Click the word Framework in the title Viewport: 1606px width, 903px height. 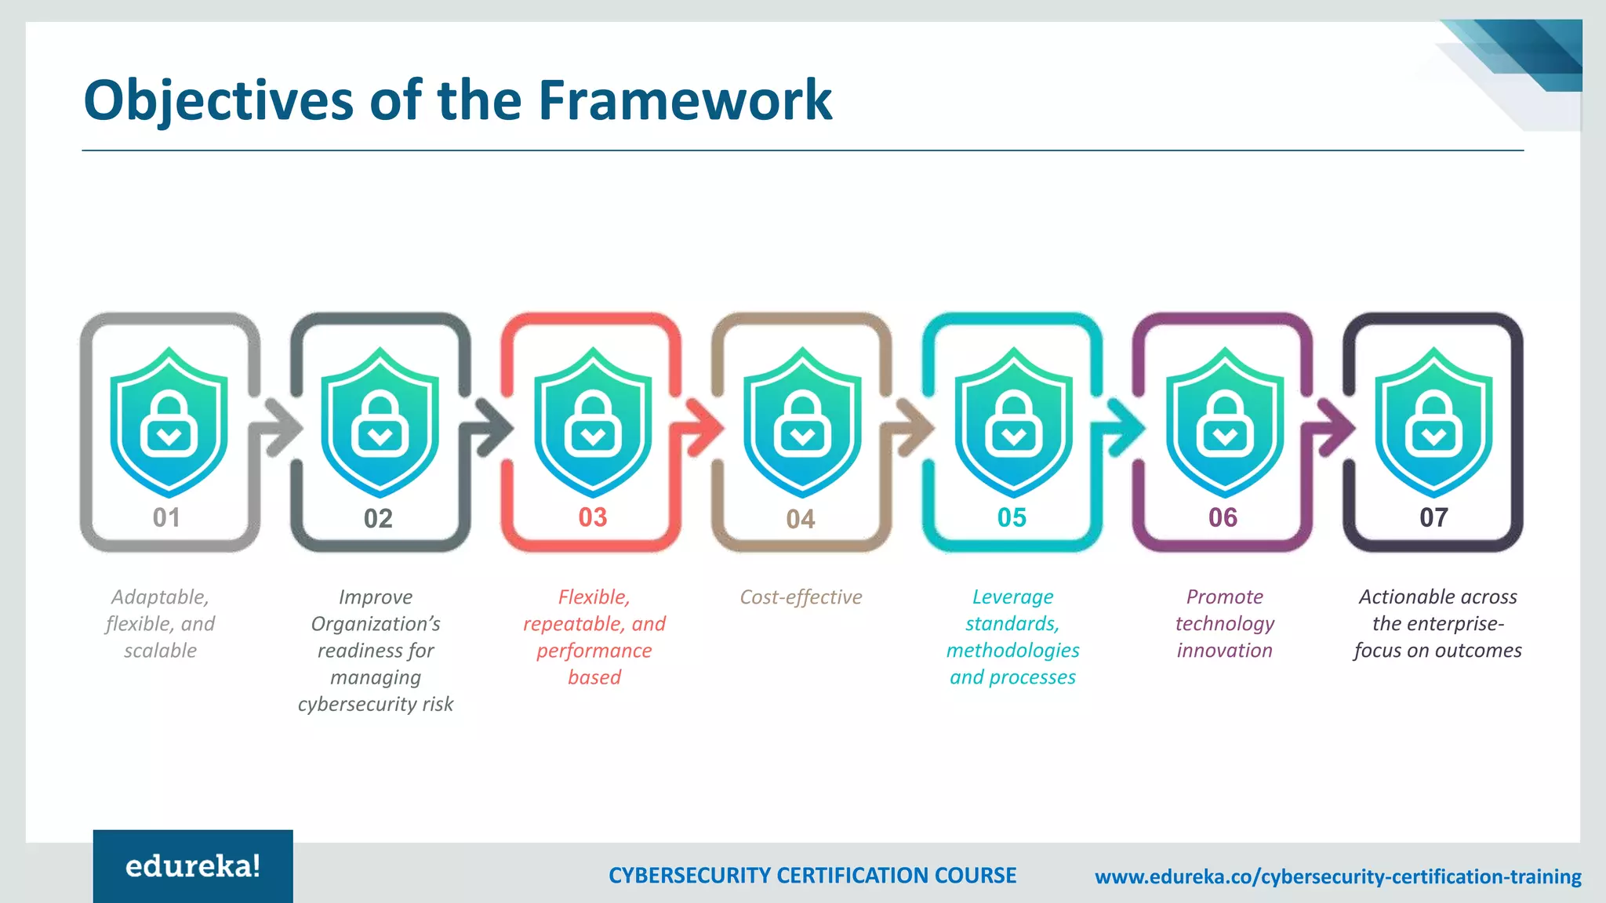pyautogui.click(x=685, y=100)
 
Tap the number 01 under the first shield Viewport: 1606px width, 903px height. pyautogui.click(x=166, y=517)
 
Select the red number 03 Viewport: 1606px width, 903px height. pyautogui.click(x=593, y=517)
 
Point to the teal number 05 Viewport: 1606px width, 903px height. pyautogui.click(x=1012, y=517)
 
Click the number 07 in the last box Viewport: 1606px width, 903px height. pyautogui.click(x=1433, y=517)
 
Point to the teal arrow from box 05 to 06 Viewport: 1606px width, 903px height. pyautogui.click(x=1124, y=427)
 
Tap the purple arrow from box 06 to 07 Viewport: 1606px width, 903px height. pyautogui.click(x=1334, y=427)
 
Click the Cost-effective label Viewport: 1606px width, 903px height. pyautogui.click(x=801, y=597)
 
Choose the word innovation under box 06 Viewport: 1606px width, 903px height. pyautogui.click(x=1224, y=651)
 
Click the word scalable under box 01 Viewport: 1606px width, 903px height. pyautogui.click(x=160, y=651)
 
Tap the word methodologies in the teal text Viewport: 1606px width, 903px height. pyautogui.click(x=1012, y=651)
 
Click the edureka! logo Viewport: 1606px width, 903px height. pyautogui.click(x=193, y=866)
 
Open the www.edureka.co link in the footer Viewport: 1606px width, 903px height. pyautogui.click(x=1338, y=876)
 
